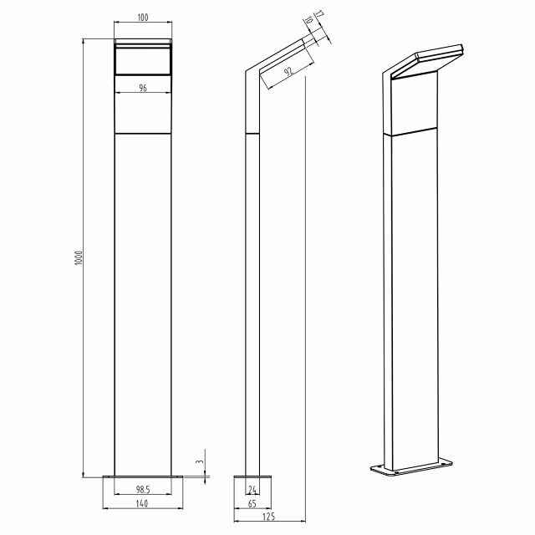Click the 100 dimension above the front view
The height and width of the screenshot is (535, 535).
point(143,18)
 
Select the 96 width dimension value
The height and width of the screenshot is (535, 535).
point(143,87)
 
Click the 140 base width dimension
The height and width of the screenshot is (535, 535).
point(143,505)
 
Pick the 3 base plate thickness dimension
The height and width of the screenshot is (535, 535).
point(199,461)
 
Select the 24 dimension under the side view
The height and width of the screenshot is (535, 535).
point(252,490)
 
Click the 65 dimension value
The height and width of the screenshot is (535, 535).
point(252,505)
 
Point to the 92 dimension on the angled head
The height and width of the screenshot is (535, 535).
point(288,73)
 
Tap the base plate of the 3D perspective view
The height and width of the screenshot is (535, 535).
point(414,467)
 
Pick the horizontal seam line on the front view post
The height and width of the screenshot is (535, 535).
point(143,133)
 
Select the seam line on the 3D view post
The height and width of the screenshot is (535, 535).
point(414,130)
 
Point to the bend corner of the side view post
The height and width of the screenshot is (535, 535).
point(247,74)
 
